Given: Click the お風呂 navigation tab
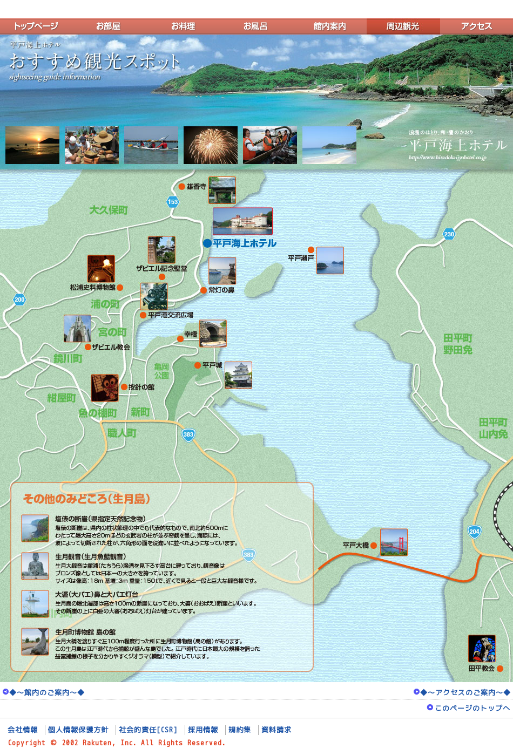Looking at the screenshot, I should pyautogui.click(x=255, y=26).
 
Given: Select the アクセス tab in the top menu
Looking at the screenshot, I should pyautogui.click(x=476, y=26).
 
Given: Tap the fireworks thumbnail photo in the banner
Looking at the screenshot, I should pyautogui.click(x=211, y=145).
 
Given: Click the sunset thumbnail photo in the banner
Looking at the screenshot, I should pyautogui.click(x=32, y=145).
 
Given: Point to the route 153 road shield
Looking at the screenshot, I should pyautogui.click(x=173, y=202).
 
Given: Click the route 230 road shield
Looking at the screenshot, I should pyautogui.click(x=449, y=234).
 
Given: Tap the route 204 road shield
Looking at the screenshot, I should pyautogui.click(x=474, y=532).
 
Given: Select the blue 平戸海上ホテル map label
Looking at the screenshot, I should pyautogui.click(x=244, y=243).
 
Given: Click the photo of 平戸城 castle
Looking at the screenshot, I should pyautogui.click(x=238, y=375).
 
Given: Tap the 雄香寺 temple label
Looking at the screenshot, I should pyautogui.click(x=197, y=187).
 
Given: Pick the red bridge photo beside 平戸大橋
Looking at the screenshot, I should pyautogui.click(x=394, y=542).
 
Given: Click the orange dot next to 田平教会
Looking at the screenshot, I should pyautogui.click(x=500, y=669).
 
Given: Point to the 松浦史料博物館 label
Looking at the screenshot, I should pyautogui.click(x=92, y=288).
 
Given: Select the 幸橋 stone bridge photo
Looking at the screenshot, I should pyautogui.click(x=213, y=333).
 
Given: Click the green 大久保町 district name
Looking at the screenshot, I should pyautogui.click(x=109, y=210).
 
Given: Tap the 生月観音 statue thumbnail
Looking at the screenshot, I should pyautogui.click(x=35, y=566).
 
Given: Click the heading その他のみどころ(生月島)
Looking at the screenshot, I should pyautogui.click(x=86, y=499).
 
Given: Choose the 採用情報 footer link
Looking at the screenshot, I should pyautogui.click(x=203, y=730).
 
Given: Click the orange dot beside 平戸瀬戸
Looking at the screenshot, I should pyautogui.click(x=311, y=250).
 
